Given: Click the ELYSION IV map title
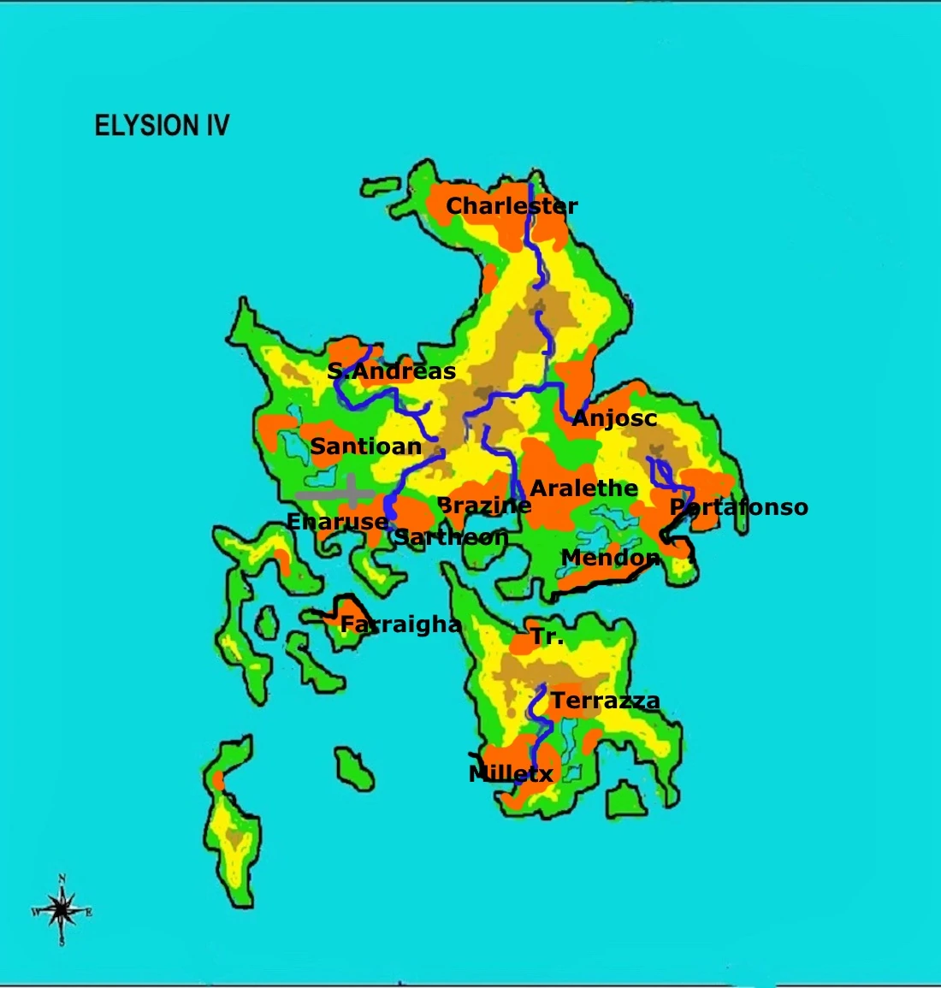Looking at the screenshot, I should pyautogui.click(x=162, y=126).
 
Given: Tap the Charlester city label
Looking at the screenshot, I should pyautogui.click(x=512, y=206).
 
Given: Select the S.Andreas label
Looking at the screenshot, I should pyautogui.click(x=391, y=371).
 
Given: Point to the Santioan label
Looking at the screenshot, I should pyautogui.click(x=365, y=446).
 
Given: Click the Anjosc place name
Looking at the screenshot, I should pyautogui.click(x=614, y=418).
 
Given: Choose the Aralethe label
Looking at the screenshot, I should pyautogui.click(x=584, y=488).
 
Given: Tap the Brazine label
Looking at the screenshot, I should pyautogui.click(x=484, y=506).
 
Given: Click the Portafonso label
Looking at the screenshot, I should pyautogui.click(x=738, y=507).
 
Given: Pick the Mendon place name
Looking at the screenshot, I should pyautogui.click(x=610, y=559).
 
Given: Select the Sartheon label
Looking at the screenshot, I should pyautogui.click(x=451, y=537).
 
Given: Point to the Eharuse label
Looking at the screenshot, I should pyautogui.click(x=337, y=521).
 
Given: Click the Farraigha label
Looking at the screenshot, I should pyautogui.click(x=400, y=624).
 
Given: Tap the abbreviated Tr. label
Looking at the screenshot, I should pyautogui.click(x=547, y=636).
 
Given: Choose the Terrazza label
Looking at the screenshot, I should pyautogui.click(x=605, y=701).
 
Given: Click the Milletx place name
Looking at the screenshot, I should pyautogui.click(x=511, y=774).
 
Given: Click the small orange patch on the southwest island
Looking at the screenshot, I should pyautogui.click(x=218, y=780).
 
